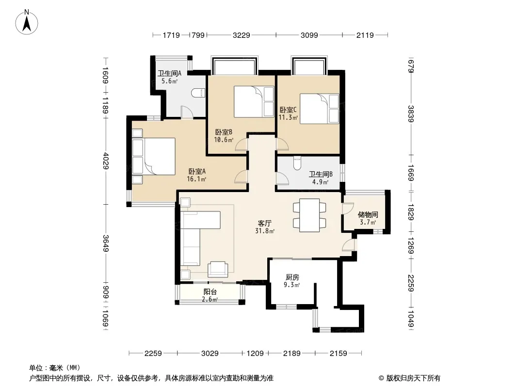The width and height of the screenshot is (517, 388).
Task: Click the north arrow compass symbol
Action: (x=27, y=22)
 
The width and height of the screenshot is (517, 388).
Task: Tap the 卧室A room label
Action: (x=197, y=171)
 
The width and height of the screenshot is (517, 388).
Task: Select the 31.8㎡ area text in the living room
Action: (x=265, y=231)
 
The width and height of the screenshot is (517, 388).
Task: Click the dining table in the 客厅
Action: (x=309, y=215)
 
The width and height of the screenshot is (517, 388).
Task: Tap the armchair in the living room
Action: (x=218, y=269)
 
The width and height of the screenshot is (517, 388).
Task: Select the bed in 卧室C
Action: (x=319, y=109)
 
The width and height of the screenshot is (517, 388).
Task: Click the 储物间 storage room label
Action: (x=368, y=214)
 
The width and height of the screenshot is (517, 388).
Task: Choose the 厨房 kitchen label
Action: (x=292, y=277)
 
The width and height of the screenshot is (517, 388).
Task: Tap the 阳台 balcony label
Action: (x=210, y=292)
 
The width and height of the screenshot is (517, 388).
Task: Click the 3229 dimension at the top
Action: (x=242, y=35)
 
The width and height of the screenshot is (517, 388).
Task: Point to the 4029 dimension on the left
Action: (x=106, y=161)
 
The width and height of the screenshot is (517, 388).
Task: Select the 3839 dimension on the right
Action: (x=411, y=113)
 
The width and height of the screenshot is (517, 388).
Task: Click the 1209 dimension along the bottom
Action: (x=255, y=354)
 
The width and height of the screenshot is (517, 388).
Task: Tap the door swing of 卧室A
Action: (x=241, y=177)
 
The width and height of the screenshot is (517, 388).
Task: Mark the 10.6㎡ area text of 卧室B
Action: (x=224, y=140)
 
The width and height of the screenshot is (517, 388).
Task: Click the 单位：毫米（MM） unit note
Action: (x=55, y=368)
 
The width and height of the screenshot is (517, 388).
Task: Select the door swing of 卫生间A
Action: (x=187, y=112)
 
